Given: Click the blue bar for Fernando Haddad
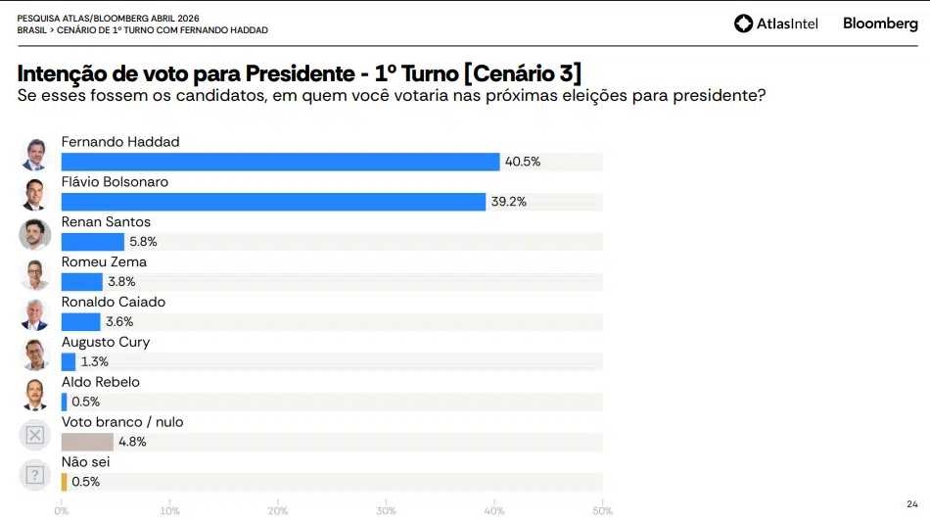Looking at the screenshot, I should click(280, 162).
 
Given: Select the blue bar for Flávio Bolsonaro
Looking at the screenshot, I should click(273, 202).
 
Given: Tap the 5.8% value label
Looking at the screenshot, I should click(143, 242).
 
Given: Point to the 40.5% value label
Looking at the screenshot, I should click(523, 162).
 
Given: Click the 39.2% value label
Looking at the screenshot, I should click(509, 202).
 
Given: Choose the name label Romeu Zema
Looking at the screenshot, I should click(104, 262).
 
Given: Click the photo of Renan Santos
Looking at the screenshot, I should click(35, 234).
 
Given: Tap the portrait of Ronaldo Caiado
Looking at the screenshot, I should click(35, 314).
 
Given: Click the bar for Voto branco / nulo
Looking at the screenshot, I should click(87, 442).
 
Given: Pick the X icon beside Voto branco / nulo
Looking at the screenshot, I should click(35, 435).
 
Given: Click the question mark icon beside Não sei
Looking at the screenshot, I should click(35, 475).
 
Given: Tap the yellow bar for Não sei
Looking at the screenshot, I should click(64, 482).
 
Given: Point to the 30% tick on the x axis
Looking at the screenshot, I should click(386, 511).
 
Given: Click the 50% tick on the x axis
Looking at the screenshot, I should click(602, 511).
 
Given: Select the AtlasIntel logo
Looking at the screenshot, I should click(775, 24).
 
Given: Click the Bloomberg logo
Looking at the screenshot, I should click(880, 24).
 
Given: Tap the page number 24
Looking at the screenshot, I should click(911, 503).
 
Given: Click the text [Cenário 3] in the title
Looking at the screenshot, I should click(523, 73).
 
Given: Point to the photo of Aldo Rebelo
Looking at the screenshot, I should click(35, 395).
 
